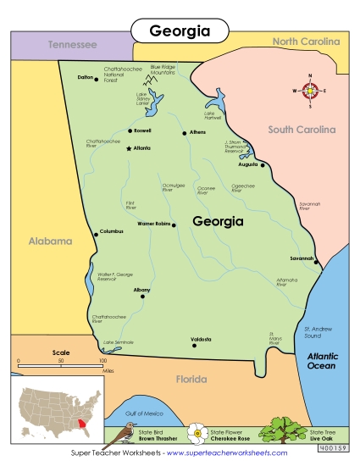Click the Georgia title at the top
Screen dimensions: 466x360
click(x=179, y=31)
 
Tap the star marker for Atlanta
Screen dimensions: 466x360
click(x=129, y=148)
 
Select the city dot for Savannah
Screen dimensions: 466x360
click(x=318, y=263)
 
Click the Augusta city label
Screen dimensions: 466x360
click(x=247, y=164)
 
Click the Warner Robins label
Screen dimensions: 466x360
click(x=153, y=225)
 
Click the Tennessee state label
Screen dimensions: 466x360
click(x=72, y=44)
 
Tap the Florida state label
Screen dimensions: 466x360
click(x=191, y=380)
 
